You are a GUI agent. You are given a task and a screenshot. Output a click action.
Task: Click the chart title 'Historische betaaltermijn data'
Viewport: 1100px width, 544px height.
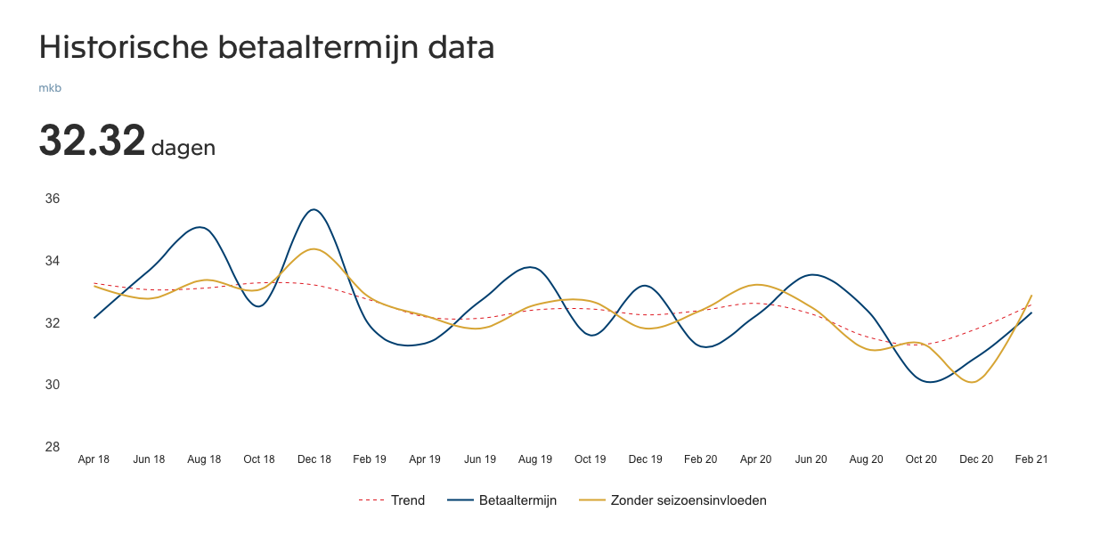266,47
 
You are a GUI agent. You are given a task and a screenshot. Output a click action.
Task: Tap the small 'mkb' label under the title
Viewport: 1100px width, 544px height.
50,88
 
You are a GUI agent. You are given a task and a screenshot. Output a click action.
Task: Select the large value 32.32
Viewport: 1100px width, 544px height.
92,141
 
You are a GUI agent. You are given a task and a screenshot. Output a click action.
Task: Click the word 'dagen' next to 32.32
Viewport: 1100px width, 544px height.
183,148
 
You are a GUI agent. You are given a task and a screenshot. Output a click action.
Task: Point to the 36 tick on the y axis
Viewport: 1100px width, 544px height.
53,199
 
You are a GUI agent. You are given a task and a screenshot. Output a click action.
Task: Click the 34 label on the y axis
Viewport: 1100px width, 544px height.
53,261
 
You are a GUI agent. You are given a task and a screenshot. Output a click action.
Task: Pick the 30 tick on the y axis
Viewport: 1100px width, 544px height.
53,385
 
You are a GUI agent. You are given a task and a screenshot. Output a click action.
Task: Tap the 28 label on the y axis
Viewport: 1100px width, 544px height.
53,447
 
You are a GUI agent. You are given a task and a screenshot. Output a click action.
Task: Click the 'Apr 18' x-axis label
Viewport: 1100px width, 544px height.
94,459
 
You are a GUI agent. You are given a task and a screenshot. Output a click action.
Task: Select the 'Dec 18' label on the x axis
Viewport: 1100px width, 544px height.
314,459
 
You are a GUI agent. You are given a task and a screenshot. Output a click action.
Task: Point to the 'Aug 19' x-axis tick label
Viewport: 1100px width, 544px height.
534,459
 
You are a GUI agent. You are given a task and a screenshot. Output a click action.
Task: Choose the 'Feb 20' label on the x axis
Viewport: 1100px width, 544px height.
700,459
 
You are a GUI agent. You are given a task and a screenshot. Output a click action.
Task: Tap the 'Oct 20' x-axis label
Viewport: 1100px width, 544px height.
921,459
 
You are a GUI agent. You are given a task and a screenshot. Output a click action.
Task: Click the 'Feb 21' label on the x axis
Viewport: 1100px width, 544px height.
1031,459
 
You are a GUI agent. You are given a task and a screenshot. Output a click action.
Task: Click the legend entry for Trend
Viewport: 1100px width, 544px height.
392,500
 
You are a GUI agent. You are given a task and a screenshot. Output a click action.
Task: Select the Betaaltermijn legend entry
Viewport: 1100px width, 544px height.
504,500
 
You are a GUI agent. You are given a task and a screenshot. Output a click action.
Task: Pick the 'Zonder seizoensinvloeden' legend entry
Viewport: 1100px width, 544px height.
673,500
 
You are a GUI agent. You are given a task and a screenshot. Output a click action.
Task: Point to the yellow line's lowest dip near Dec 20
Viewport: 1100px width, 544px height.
974,382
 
